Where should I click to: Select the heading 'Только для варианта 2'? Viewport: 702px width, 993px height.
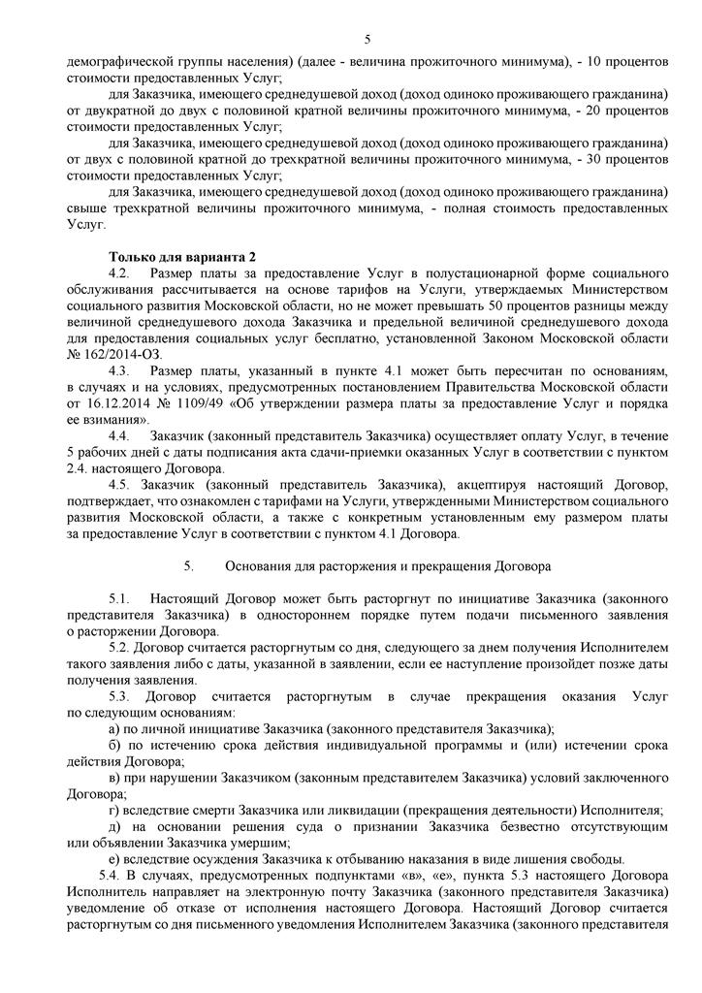point(182,256)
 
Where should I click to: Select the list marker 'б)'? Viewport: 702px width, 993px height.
point(115,746)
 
